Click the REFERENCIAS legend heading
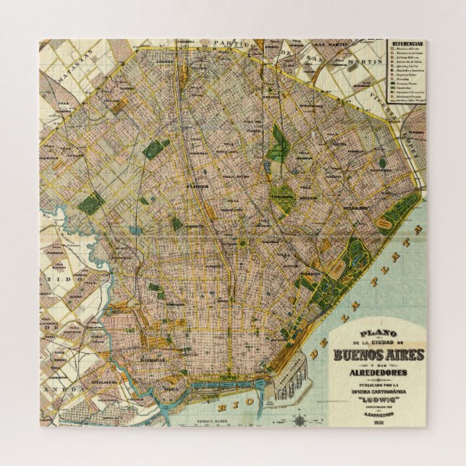407,44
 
